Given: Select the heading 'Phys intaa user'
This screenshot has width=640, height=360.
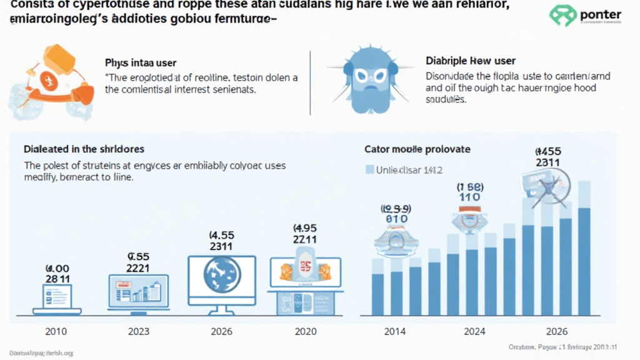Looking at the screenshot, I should pyautogui.click(x=141, y=63).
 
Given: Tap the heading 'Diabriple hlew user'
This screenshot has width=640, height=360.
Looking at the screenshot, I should pyautogui.click(x=470, y=61).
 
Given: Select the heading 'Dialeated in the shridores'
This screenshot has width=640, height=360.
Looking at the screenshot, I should pyautogui.click(x=84, y=149).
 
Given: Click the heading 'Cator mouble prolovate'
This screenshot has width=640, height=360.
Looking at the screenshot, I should pyautogui.click(x=417, y=150).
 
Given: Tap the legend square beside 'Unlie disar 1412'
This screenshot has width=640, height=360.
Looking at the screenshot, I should pyautogui.click(x=369, y=169).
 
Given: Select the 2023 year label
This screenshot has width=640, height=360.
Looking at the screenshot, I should pyautogui.click(x=138, y=331).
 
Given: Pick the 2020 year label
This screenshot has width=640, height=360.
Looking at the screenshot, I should pyautogui.click(x=304, y=331).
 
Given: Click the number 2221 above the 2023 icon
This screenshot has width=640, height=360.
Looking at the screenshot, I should pyautogui.click(x=138, y=267).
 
